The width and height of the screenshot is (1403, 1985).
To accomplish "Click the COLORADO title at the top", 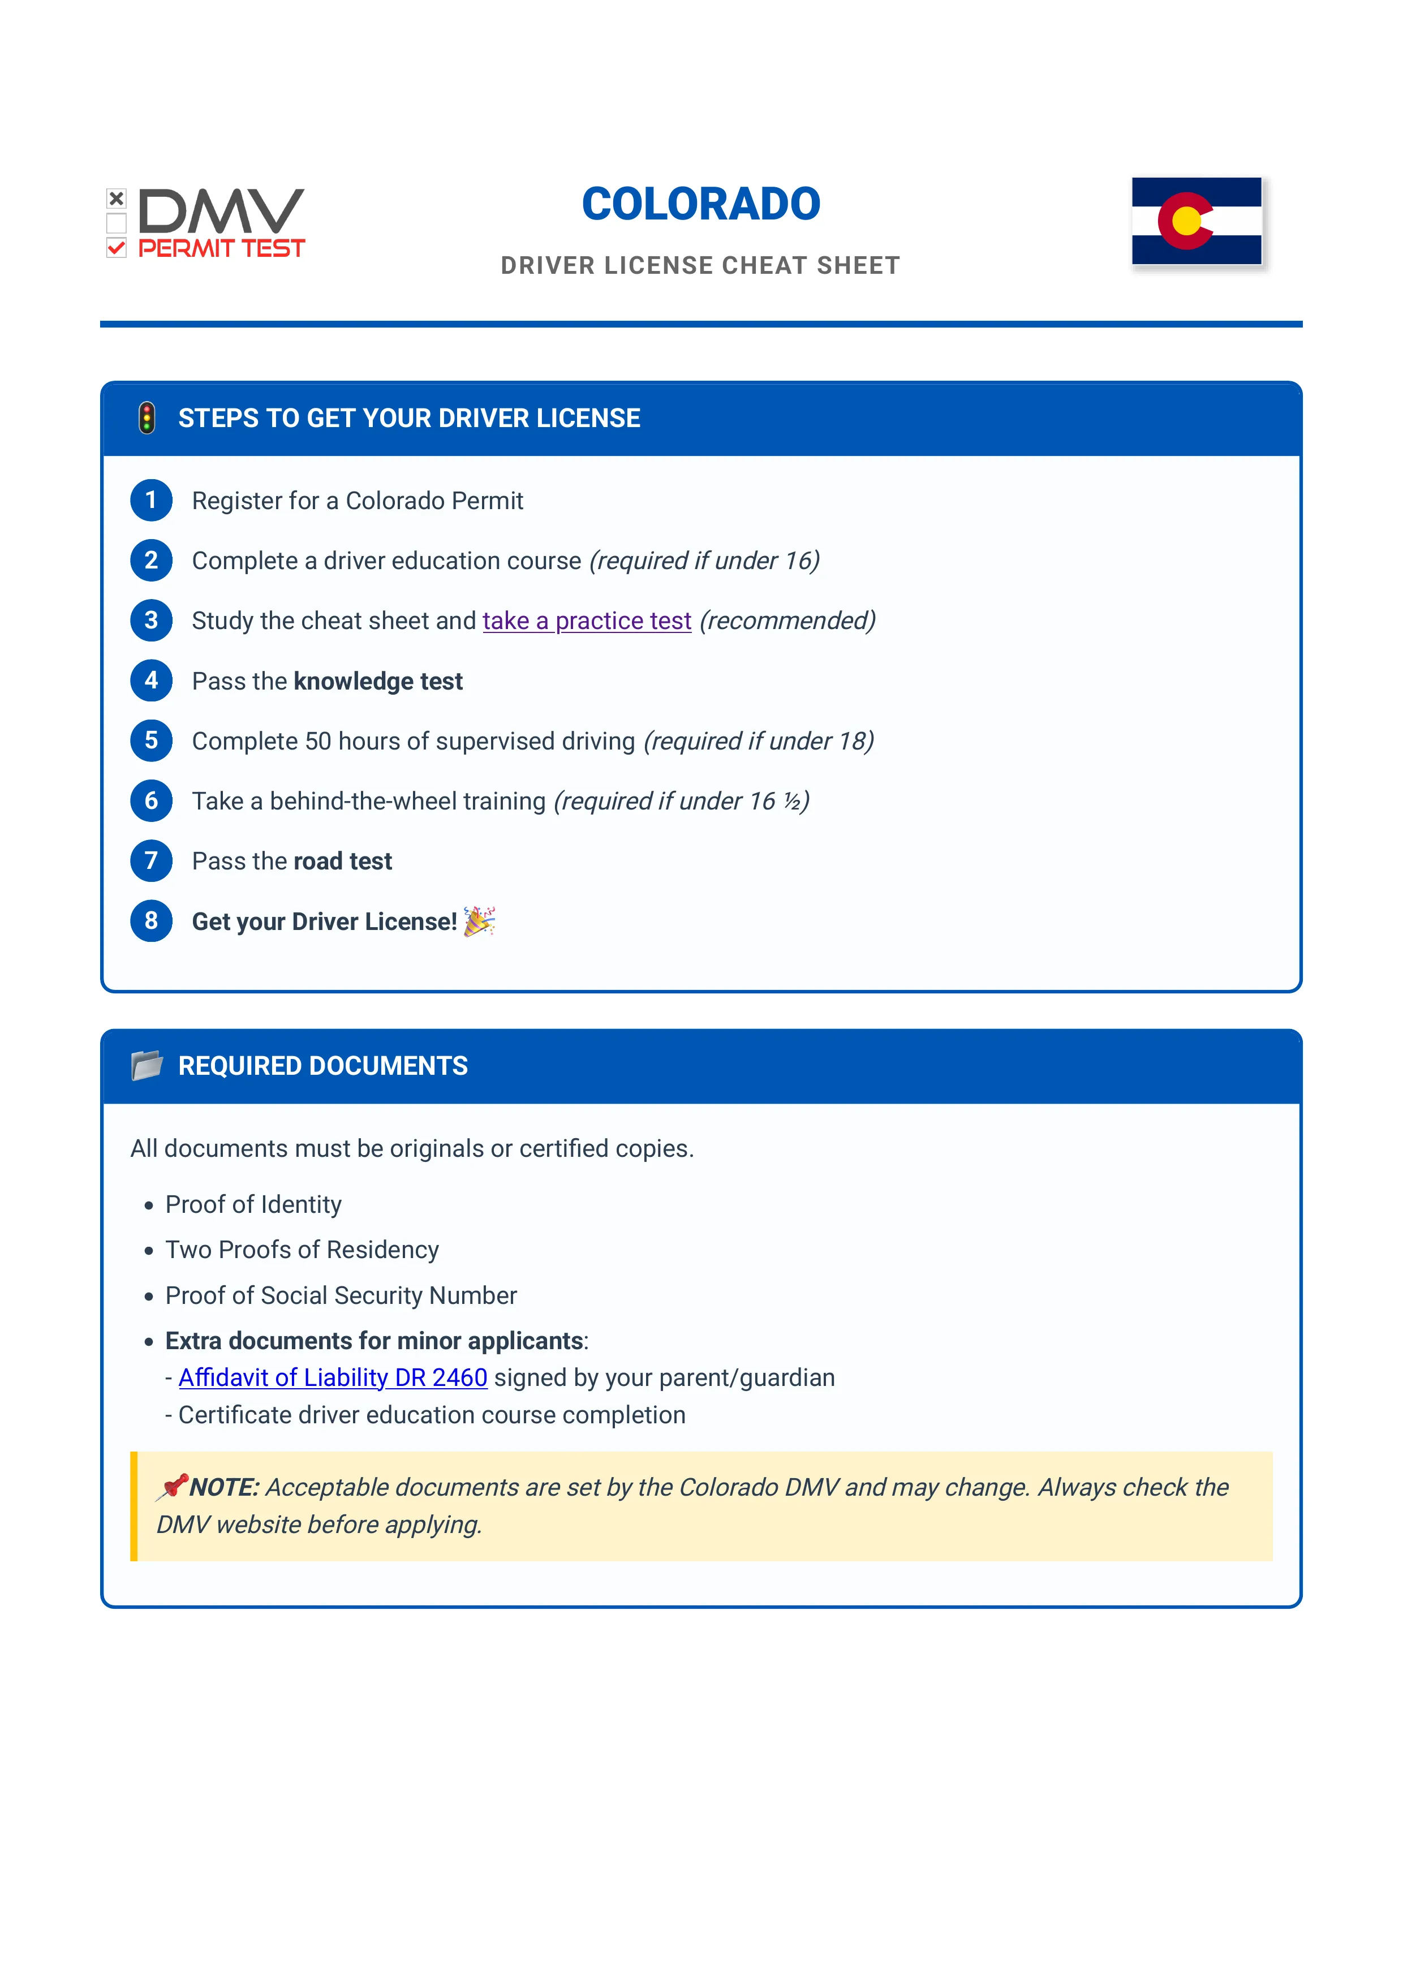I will (700, 205).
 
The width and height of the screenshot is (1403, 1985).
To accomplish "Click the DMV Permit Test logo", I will (206, 224).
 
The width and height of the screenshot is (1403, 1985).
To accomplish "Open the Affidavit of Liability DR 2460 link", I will (333, 1377).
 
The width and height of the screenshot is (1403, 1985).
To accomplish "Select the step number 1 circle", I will (151, 501).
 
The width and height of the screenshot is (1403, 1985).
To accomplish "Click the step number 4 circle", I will (151, 681).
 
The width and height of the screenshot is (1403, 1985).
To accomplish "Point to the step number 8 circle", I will (151, 921).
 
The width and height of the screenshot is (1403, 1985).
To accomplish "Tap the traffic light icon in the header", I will (147, 419).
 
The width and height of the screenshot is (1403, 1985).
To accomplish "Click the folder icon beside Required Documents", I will (147, 1065).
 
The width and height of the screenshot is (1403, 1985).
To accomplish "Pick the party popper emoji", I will (479, 921).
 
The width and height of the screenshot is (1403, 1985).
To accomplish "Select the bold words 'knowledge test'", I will (378, 681).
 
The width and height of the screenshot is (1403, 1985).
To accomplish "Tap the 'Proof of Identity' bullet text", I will (253, 1204).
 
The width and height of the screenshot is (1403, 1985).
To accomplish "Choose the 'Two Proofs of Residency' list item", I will (302, 1250).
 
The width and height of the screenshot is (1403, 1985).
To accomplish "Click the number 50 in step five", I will (317, 741).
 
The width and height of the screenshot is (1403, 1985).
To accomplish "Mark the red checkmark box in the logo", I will (116, 248).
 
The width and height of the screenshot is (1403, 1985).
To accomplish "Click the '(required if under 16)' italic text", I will (704, 561).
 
